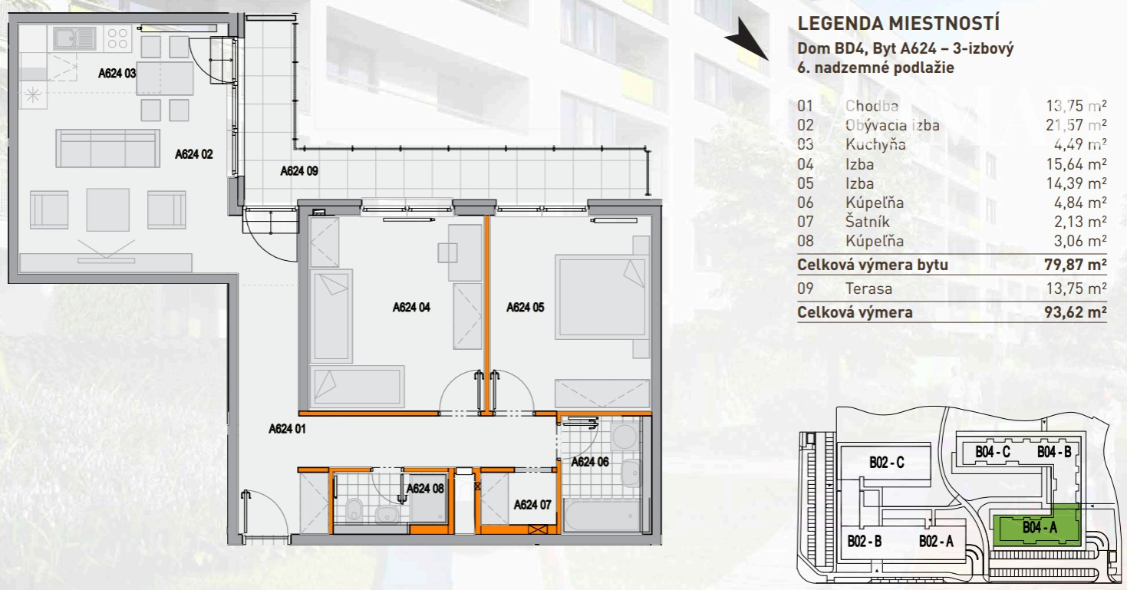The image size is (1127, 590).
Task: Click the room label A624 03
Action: point(117,74)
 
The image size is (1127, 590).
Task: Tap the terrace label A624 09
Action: point(299,171)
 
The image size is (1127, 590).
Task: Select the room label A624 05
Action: point(526,308)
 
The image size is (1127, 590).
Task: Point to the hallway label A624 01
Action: point(287,429)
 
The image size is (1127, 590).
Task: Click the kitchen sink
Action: point(75,38)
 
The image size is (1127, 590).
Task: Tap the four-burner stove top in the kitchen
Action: point(117,38)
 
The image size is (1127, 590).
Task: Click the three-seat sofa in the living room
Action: point(107,148)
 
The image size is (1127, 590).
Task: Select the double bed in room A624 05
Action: point(601,297)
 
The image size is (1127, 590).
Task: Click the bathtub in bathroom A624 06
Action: point(602,515)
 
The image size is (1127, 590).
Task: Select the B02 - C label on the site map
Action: point(887,462)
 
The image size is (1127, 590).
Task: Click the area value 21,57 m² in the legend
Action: point(1076,125)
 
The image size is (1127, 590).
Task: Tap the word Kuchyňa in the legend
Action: point(875,144)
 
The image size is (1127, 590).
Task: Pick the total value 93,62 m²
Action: point(1075,312)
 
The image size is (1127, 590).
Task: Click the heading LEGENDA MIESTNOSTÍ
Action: point(898,23)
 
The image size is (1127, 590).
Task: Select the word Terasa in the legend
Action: point(869,288)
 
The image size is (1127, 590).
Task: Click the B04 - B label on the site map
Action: point(1054,452)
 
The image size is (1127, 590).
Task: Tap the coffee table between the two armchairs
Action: point(107,209)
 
